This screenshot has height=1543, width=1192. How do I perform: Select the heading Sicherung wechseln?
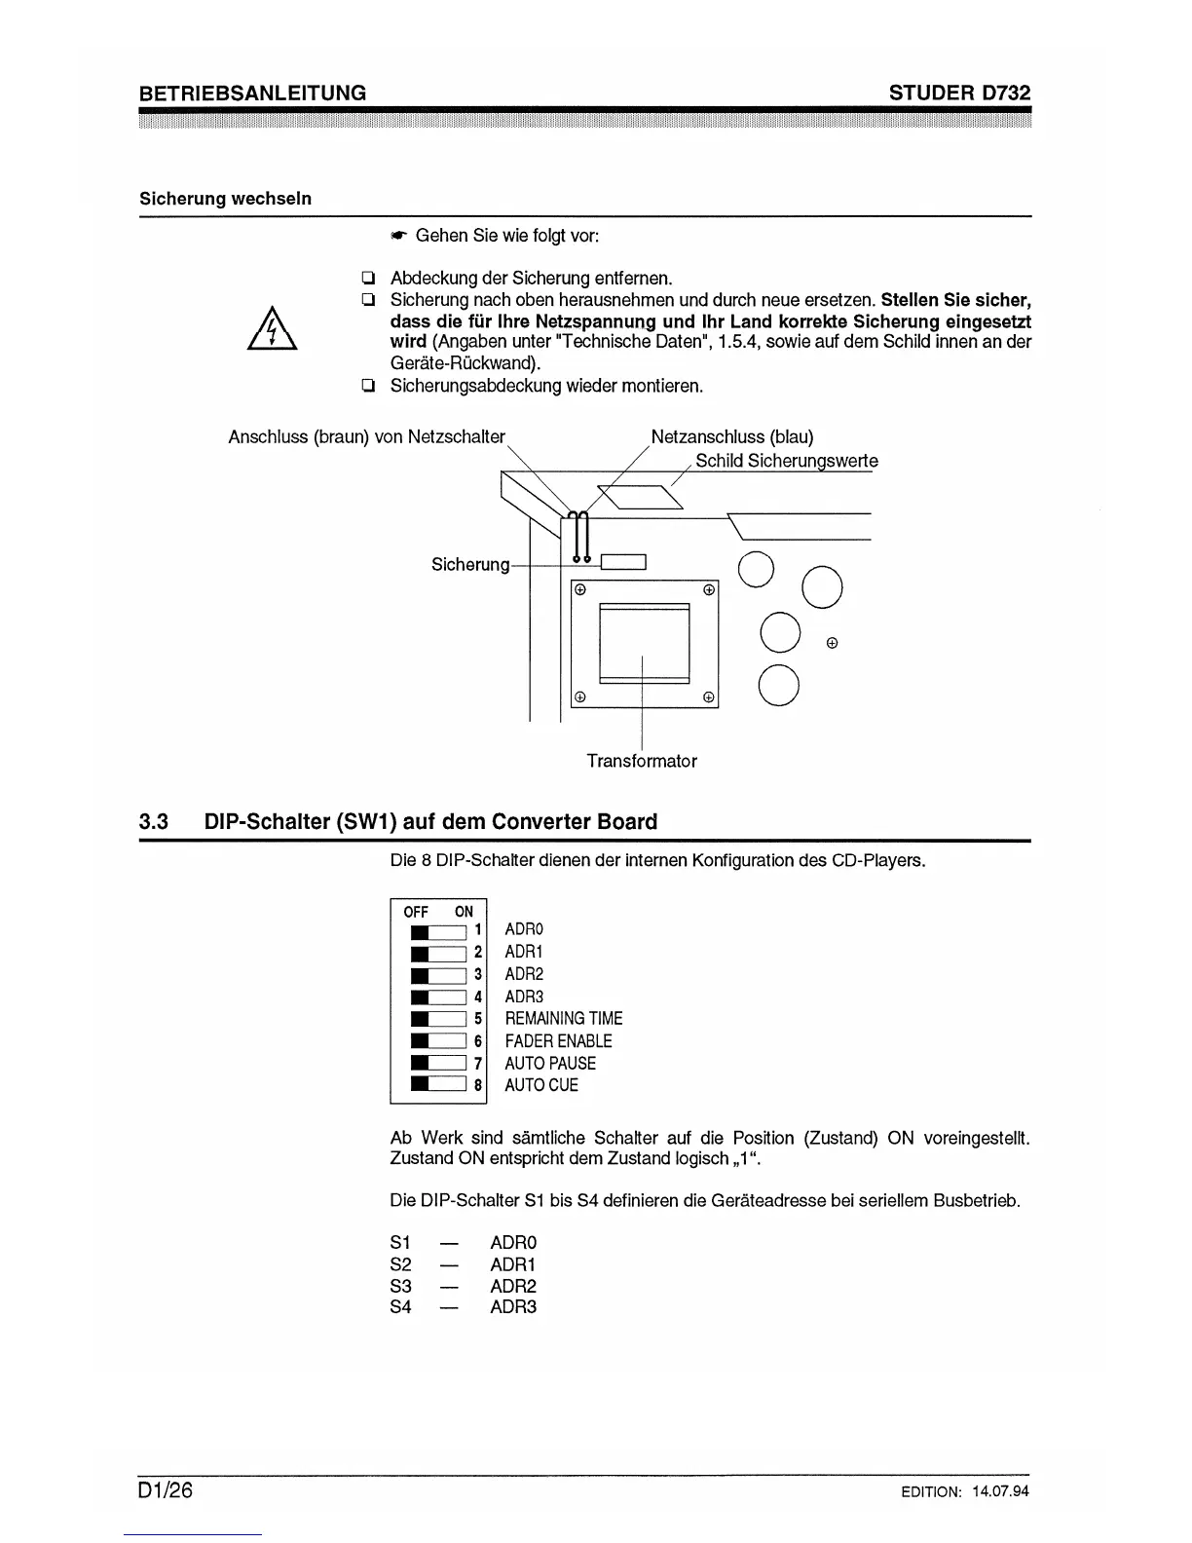coord(225,199)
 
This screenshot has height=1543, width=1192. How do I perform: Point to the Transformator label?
coord(642,761)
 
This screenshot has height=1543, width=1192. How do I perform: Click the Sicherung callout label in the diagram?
coord(470,565)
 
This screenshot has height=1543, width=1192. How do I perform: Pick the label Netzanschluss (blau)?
coord(732,436)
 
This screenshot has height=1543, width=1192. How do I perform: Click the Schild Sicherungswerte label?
coord(786,461)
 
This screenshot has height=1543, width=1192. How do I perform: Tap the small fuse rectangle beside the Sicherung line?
coord(623,561)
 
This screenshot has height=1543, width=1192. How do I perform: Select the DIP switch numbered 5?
coord(439,1019)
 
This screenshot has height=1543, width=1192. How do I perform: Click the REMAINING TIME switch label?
coord(564,1019)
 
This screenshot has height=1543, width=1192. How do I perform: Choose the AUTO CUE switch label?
coord(541,1085)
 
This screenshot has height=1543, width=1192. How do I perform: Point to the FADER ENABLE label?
coord(558,1041)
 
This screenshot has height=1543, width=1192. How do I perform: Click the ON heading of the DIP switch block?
coord(464,912)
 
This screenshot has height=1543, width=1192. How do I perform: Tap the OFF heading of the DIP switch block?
coord(416,912)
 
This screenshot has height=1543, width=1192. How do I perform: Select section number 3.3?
coord(154,822)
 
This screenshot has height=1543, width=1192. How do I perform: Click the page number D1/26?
coord(167,1491)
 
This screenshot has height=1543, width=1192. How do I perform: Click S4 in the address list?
coord(400,1307)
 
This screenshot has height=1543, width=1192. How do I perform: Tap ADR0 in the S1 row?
coord(513,1243)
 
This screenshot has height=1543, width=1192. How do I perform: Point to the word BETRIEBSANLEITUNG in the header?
coord(253,93)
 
